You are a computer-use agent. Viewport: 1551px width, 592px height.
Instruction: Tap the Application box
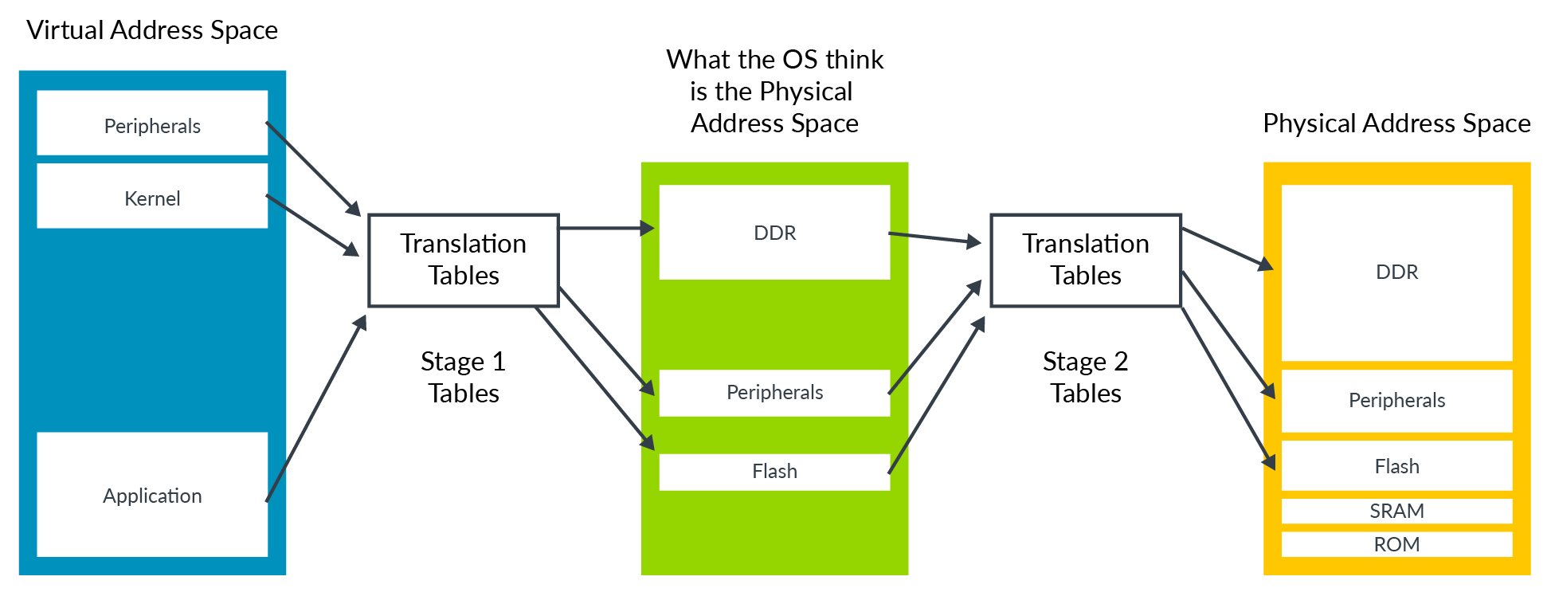click(x=152, y=495)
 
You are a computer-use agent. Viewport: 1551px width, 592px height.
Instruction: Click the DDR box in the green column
click(x=774, y=233)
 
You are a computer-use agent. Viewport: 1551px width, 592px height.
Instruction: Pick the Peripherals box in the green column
click(x=774, y=393)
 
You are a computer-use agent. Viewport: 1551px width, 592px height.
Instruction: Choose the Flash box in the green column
click(x=774, y=472)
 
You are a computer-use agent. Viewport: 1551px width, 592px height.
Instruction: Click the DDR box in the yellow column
click(x=1396, y=272)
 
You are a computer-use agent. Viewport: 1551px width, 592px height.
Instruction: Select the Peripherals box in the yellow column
click(x=1396, y=401)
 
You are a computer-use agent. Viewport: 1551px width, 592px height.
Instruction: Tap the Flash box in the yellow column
click(x=1396, y=466)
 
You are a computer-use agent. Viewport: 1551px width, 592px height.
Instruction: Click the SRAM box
click(x=1396, y=511)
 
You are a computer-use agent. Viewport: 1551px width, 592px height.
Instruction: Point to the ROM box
click(x=1396, y=544)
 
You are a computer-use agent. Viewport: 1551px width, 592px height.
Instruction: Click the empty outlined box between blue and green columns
click(x=463, y=260)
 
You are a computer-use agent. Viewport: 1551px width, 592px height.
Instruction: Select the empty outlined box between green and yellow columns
click(x=1085, y=260)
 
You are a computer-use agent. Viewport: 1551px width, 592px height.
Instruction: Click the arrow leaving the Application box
click(x=316, y=408)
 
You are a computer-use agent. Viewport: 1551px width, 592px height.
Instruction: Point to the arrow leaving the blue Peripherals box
click(x=313, y=168)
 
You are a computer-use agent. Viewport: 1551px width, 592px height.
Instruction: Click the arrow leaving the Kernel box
click(x=312, y=225)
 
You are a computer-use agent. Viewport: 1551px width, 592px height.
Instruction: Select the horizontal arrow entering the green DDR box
click(x=605, y=229)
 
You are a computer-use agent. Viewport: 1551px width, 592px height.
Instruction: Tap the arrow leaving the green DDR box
click(x=934, y=238)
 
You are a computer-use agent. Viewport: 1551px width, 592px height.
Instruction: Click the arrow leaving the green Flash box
click(x=937, y=395)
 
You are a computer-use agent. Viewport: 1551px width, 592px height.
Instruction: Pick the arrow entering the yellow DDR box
click(x=1227, y=248)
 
